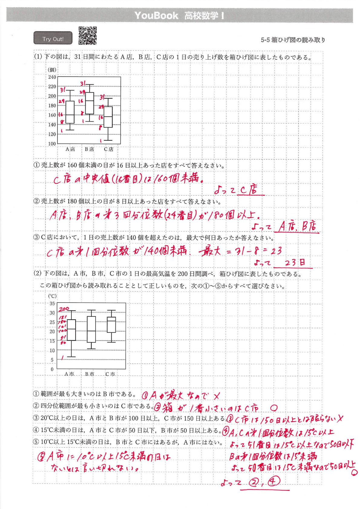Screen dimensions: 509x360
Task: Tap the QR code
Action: tap(88, 35)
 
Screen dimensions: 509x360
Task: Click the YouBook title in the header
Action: tap(156, 15)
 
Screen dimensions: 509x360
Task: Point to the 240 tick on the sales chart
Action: tap(52, 77)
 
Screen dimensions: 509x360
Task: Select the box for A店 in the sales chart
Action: tap(70, 112)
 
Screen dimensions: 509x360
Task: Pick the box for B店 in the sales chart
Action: tap(90, 103)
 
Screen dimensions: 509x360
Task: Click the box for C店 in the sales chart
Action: tap(108, 117)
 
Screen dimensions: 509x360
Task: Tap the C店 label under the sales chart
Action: tap(109, 149)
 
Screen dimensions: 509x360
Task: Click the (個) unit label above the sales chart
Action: tap(52, 70)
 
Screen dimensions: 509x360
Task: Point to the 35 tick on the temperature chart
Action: tap(52, 303)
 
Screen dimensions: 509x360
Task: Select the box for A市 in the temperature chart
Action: tap(71, 330)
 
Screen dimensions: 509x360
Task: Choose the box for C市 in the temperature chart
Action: tap(111, 325)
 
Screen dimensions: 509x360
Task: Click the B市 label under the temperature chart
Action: tap(90, 374)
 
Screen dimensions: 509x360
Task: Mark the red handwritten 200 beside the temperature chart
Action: tap(64, 309)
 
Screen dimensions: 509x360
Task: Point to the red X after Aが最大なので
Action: tap(217, 396)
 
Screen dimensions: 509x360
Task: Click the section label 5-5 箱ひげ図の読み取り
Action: tap(293, 40)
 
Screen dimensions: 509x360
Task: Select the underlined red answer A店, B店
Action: tap(298, 226)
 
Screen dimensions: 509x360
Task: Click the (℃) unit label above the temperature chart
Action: tap(52, 296)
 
